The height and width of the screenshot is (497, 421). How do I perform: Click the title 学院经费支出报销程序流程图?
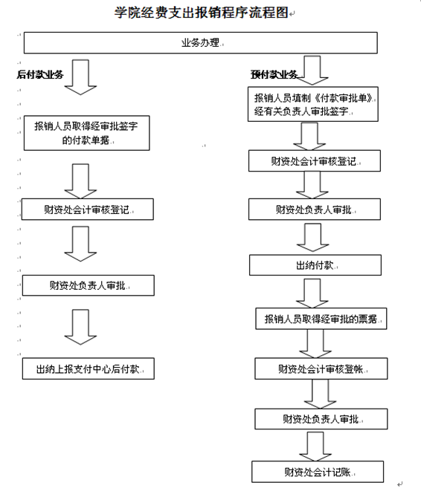pyautogui.click(x=201, y=13)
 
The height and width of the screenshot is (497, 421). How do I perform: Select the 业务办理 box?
pyautogui.click(x=201, y=42)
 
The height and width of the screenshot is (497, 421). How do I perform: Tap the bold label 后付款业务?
pyautogui.click(x=40, y=75)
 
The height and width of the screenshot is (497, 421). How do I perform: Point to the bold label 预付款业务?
pyautogui.click(x=274, y=75)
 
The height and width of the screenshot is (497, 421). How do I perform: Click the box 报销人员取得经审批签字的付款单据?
pyautogui.click(x=86, y=133)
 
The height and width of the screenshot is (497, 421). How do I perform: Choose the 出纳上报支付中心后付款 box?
pyautogui.click(x=89, y=368)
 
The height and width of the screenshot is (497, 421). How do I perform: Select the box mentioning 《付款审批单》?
pyautogui.click(x=313, y=104)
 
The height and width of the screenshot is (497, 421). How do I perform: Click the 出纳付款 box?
pyautogui.click(x=315, y=265)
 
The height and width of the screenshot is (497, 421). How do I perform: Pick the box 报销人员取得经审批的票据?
pyautogui.click(x=321, y=319)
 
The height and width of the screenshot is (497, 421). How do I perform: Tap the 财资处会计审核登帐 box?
pyautogui.click(x=321, y=368)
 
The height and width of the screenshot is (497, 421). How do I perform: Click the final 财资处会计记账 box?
pyautogui.click(x=318, y=472)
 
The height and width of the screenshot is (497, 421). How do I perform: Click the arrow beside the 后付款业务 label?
pyautogui.click(x=80, y=77)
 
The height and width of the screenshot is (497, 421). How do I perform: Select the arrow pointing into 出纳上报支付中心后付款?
pyautogui.click(x=80, y=327)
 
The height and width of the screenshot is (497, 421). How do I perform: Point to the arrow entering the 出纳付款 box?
pyautogui.click(x=312, y=238)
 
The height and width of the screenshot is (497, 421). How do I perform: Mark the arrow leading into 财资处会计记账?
pyautogui.click(x=315, y=446)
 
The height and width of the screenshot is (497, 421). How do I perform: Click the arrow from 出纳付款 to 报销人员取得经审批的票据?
pyautogui.click(x=312, y=293)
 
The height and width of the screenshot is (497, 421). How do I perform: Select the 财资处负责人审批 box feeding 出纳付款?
pyautogui.click(x=315, y=209)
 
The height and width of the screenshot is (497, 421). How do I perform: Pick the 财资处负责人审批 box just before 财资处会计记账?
pyautogui.click(x=321, y=419)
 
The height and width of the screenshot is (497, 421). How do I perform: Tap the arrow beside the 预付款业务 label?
pyautogui.click(x=312, y=71)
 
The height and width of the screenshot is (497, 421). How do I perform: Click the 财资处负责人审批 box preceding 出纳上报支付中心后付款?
pyautogui.click(x=89, y=285)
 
